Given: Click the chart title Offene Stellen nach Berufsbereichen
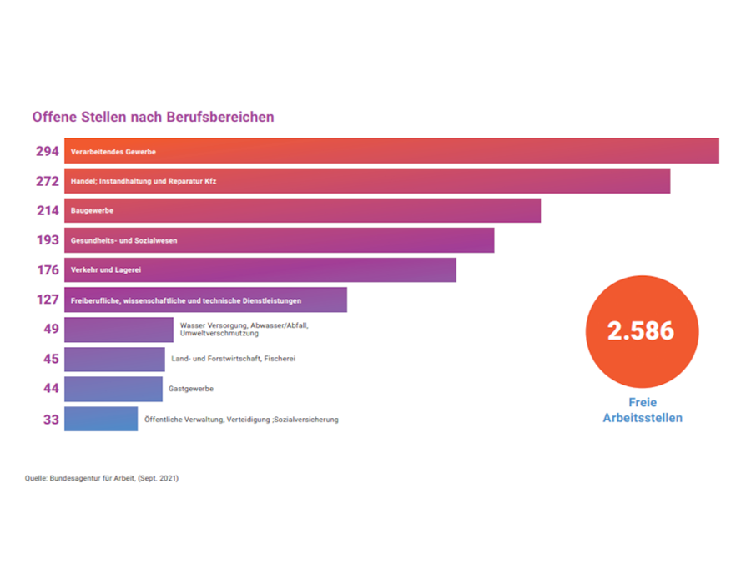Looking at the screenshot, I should pos(153,118).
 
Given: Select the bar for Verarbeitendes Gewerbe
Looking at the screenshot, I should pos(391,151).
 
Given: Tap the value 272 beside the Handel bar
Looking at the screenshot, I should pos(48,181).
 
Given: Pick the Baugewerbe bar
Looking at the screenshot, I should pos(302,210).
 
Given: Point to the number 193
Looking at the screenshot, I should pos(48,240).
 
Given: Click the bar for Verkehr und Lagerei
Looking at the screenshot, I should pos(260,269).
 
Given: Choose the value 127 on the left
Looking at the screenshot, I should pos(48,300).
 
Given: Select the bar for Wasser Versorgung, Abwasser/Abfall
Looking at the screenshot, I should pos(118,330).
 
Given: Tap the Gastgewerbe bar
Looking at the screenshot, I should pos(113,389).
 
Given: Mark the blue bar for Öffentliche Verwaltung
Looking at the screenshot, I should pos(101,419).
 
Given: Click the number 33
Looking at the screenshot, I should pos(52,420).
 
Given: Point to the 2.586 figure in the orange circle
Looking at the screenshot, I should pos(641,330).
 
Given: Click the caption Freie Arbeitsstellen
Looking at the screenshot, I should pos(642,410).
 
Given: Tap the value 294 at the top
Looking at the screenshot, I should pos(48,152).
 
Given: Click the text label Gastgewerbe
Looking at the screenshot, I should pos(191,389).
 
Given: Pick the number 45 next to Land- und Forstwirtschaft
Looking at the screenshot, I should pos(52,360).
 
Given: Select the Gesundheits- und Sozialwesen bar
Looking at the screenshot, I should pos(279,240).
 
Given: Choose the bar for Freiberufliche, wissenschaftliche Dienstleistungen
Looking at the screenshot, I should pos(205,300).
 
